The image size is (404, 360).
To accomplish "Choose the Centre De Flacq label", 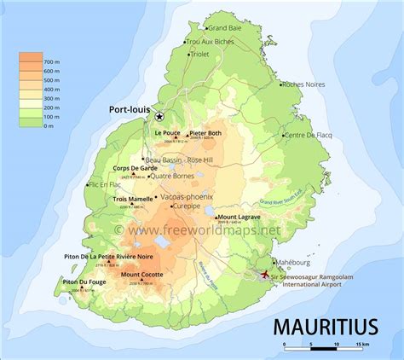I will point(308,136).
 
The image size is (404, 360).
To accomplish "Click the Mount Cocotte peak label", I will point(143,274).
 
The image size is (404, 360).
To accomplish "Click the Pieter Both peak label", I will point(205,133).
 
